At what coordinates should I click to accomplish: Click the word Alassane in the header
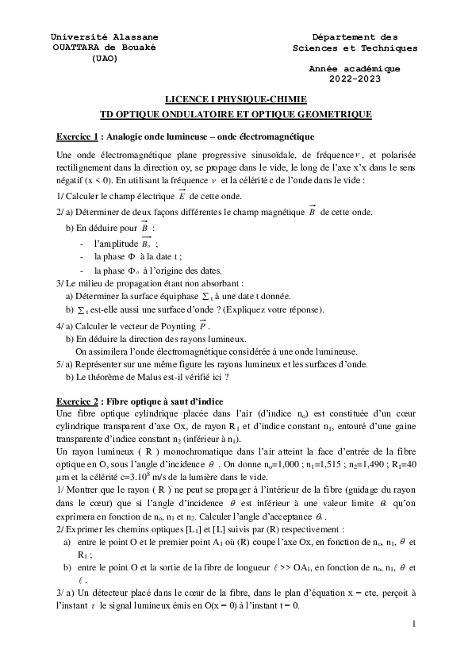[130, 36]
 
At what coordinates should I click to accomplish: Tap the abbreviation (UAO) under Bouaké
[104, 58]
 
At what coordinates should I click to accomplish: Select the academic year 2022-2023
[355, 79]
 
